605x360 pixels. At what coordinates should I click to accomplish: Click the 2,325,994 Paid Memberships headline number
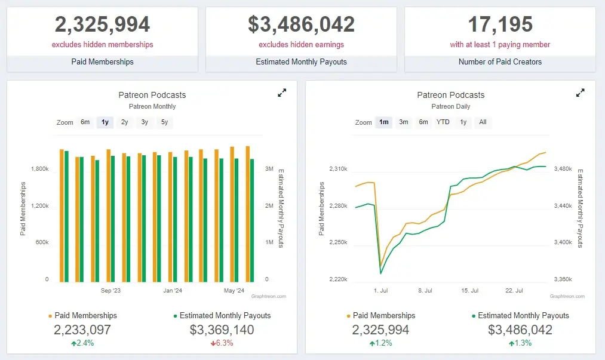point(102,24)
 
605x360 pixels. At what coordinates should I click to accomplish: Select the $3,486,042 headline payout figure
point(301,24)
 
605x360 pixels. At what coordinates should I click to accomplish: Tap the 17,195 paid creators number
point(500,24)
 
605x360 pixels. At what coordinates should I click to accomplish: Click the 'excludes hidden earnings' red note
point(301,44)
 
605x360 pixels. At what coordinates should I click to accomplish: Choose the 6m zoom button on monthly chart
point(85,122)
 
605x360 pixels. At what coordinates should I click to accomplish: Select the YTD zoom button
point(443,122)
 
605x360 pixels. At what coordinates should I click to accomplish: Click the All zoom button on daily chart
point(483,122)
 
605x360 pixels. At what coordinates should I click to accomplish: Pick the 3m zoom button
point(404,122)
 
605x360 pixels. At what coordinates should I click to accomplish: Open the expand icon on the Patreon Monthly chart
point(282,93)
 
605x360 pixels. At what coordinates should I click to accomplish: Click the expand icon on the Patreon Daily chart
point(580,93)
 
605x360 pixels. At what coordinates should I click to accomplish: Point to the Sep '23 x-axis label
point(110,291)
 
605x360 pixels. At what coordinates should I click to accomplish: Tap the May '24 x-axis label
point(234,291)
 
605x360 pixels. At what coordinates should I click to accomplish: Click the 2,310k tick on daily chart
point(337,170)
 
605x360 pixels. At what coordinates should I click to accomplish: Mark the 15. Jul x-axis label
point(470,291)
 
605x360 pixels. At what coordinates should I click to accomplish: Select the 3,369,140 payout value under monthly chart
point(222,330)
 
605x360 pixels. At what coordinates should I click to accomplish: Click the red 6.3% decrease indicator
point(222,343)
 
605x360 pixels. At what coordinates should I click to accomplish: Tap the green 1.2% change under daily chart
point(380,343)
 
